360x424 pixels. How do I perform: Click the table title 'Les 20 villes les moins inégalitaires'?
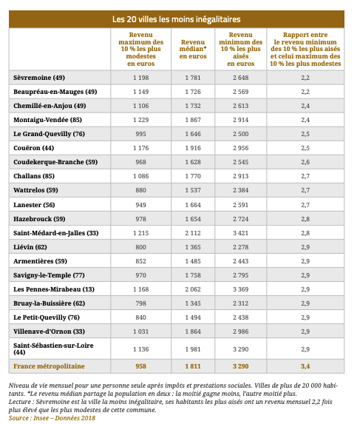(177, 19)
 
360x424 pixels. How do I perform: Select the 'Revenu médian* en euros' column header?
(193, 49)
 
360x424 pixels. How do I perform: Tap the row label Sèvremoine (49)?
(39, 78)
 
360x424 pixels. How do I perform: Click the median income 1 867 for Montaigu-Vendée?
(193, 120)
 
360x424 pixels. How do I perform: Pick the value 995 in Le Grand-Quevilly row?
(140, 134)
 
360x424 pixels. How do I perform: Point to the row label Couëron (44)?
(34, 148)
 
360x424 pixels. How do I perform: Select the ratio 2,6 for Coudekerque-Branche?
(305, 162)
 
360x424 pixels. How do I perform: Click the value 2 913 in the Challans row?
(241, 176)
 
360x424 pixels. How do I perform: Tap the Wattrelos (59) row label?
(35, 190)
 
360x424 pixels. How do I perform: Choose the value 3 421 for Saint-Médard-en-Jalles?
(241, 233)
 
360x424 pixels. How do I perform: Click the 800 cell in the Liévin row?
(140, 247)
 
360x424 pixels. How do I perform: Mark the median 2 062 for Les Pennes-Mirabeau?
(193, 289)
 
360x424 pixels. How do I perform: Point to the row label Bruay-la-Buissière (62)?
(49, 303)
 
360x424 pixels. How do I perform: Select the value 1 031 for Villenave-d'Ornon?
(140, 332)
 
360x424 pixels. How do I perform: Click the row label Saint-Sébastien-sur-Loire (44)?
(53, 349)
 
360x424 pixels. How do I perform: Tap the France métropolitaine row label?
(49, 366)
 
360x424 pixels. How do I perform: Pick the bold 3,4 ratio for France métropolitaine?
(305, 366)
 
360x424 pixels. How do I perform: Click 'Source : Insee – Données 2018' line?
(52, 418)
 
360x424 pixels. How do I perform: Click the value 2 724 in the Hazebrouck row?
(241, 219)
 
